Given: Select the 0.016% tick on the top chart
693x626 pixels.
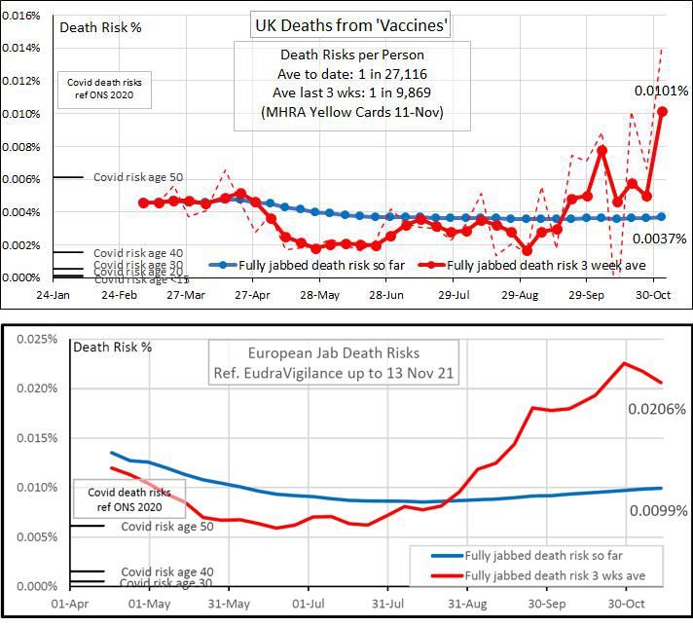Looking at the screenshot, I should tap(20, 17).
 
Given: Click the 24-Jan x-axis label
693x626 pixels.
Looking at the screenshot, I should tap(53, 293).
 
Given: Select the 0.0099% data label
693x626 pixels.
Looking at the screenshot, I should tap(659, 509).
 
